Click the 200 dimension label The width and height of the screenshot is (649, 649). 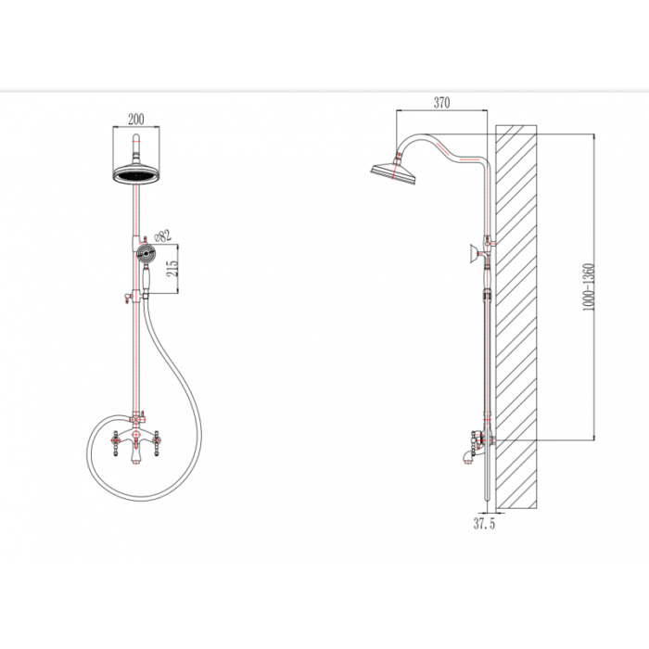click(x=135, y=120)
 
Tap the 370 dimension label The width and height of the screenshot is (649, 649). click(x=441, y=102)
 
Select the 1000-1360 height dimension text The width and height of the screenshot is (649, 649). click(x=588, y=287)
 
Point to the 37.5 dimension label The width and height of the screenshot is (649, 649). click(x=484, y=524)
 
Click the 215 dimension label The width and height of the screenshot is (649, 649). click(x=174, y=269)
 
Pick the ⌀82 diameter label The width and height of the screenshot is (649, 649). click(x=162, y=236)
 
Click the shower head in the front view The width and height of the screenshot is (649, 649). click(x=135, y=173)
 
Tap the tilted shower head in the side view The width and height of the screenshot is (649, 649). click(x=394, y=173)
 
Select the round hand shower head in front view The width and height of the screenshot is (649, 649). click(x=146, y=252)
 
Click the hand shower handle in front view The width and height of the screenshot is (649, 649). click(x=146, y=278)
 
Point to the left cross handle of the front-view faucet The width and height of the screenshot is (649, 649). click(x=116, y=443)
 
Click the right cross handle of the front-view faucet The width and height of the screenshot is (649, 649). click(x=156, y=443)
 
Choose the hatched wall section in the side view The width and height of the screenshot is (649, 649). click(x=516, y=317)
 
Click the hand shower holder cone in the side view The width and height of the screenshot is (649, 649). click(x=474, y=254)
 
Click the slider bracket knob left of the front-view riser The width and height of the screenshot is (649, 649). click(x=126, y=298)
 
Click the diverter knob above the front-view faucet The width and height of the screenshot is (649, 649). click(x=144, y=414)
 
